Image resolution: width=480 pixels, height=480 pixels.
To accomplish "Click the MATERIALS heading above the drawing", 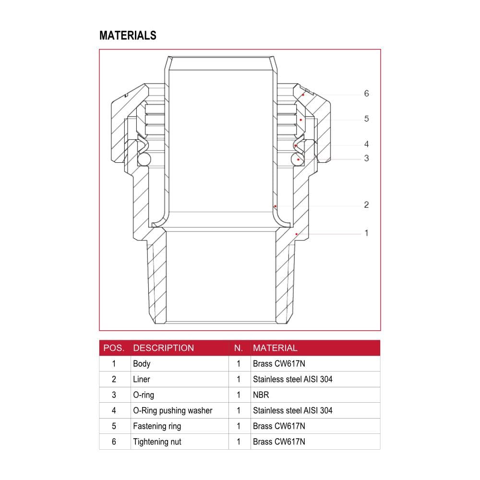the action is [128, 36].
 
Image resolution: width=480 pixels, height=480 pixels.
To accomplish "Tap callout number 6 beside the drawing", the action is [366, 94].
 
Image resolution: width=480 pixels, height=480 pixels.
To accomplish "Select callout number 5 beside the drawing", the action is [366, 119].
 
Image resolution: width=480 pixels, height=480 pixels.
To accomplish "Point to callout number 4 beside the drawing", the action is [366, 144].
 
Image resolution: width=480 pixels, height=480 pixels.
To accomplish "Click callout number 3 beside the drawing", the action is [366, 158].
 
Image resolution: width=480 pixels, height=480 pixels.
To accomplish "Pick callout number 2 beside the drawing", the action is [366, 205].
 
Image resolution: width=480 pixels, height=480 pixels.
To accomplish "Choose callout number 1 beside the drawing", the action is [366, 233].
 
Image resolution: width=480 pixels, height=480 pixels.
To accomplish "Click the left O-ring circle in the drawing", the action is [144, 159].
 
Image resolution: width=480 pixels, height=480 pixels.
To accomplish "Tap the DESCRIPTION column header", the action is [164, 348].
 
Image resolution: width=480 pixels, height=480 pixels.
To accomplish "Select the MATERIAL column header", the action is [275, 348].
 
